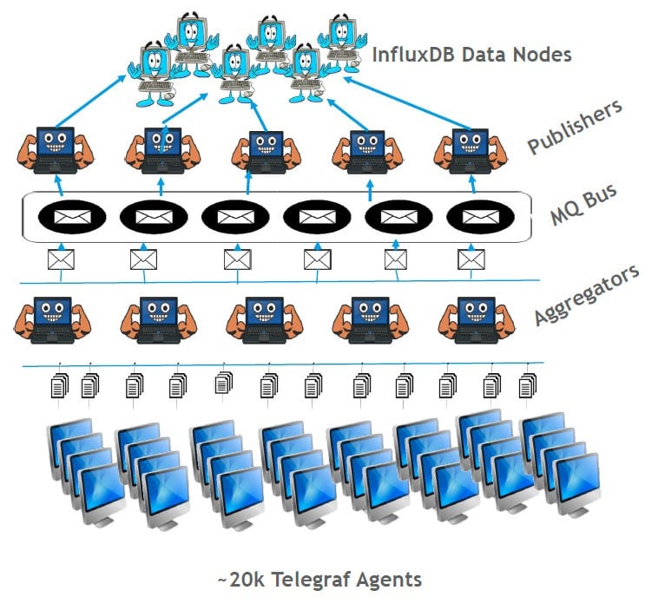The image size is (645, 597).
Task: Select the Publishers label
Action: tap(575, 127)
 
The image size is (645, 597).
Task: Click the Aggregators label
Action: tap(587, 295)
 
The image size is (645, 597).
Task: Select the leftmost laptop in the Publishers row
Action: tap(54, 148)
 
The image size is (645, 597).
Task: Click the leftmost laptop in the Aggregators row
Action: tap(54, 319)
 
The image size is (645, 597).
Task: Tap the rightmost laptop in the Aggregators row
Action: tap(471, 319)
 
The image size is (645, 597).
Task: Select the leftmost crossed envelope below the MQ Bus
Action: tap(62, 258)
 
